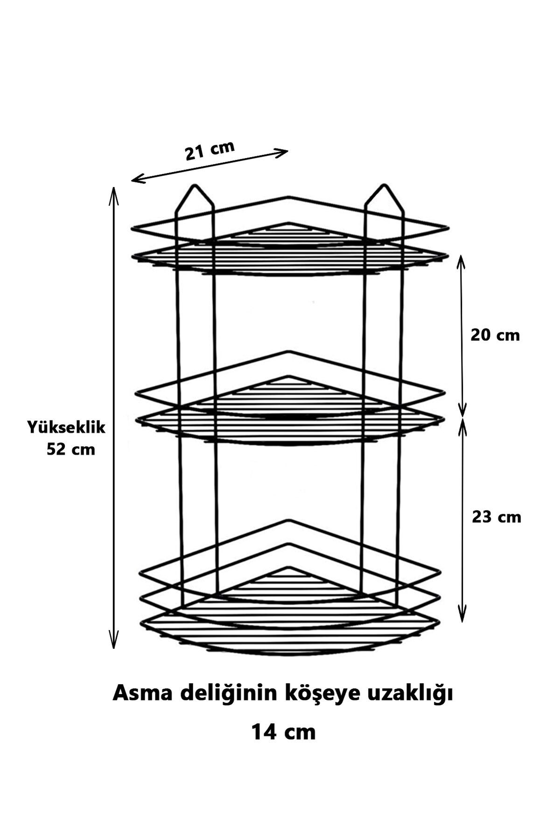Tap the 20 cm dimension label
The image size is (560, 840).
(495, 335)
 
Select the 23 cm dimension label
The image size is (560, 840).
(497, 517)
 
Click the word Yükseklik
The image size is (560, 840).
(66, 427)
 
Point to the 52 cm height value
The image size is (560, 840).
(71, 449)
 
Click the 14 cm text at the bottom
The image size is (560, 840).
(284, 732)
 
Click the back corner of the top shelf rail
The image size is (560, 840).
(290, 197)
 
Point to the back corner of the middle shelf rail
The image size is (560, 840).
(290, 351)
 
